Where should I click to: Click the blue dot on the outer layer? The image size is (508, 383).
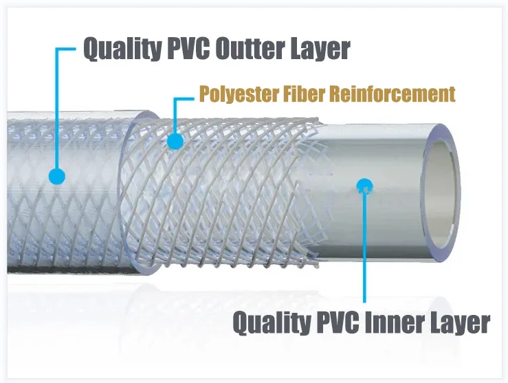click(57, 177)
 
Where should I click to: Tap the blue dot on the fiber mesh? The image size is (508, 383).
click(176, 142)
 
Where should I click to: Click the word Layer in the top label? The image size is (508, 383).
click(319, 50)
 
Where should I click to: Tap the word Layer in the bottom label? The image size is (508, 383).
click(461, 322)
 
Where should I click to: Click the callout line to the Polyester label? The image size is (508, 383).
click(176, 113)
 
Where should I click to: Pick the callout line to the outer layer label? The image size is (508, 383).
click(57, 110)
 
